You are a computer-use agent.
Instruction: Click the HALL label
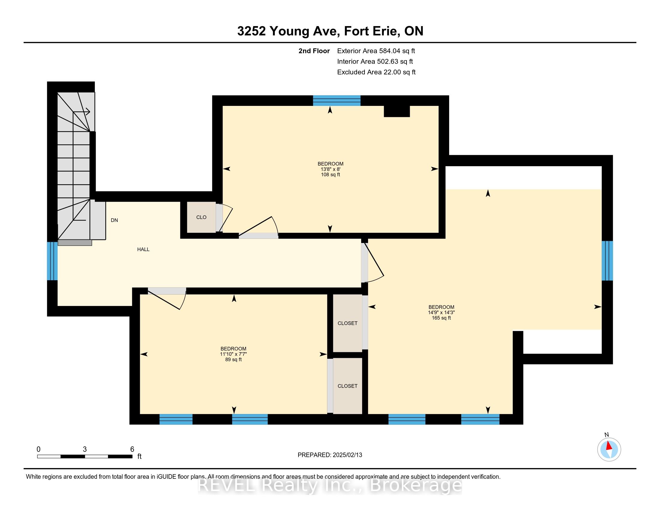click(143, 250)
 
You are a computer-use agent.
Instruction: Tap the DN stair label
click(114, 220)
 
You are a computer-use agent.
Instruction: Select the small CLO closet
click(201, 217)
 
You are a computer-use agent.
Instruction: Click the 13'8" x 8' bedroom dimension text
click(331, 169)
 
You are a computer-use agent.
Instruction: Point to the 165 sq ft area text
click(441, 318)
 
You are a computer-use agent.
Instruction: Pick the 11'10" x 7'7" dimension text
click(234, 354)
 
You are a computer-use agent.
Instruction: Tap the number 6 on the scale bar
click(132, 449)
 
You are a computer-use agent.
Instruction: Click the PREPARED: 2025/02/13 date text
click(330, 455)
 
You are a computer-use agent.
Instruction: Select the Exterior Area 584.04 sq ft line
click(376, 51)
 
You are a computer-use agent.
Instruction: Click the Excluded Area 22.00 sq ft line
click(376, 72)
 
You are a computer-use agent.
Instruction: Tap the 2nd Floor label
click(314, 51)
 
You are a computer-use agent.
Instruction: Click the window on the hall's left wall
click(52, 261)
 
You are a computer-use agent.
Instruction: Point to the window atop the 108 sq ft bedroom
click(337, 100)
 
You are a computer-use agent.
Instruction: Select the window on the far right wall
click(607, 261)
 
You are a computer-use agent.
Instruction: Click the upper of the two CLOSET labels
click(347, 323)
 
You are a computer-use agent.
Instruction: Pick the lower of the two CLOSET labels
click(347, 386)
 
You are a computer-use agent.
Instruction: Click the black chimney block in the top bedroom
click(397, 111)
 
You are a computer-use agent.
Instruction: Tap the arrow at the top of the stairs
click(82, 112)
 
